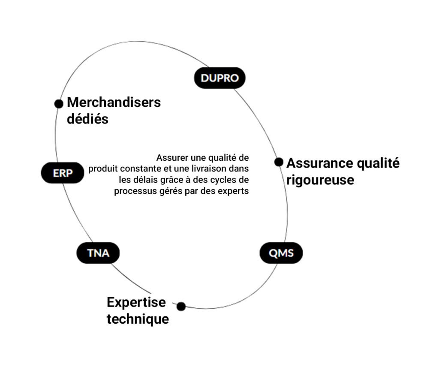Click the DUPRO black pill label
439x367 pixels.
(219, 78)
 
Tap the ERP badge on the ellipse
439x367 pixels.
(63, 173)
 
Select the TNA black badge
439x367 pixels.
(98, 253)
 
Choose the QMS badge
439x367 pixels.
(281, 253)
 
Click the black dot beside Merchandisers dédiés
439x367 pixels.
(59, 104)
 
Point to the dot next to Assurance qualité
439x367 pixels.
(279, 162)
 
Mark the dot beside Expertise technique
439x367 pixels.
(181, 306)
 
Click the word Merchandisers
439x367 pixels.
(114, 102)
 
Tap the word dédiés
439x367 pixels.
(87, 119)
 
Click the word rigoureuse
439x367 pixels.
(320, 180)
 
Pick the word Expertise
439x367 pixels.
(136, 302)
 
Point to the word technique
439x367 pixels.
(138, 319)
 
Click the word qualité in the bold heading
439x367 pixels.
(379, 163)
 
